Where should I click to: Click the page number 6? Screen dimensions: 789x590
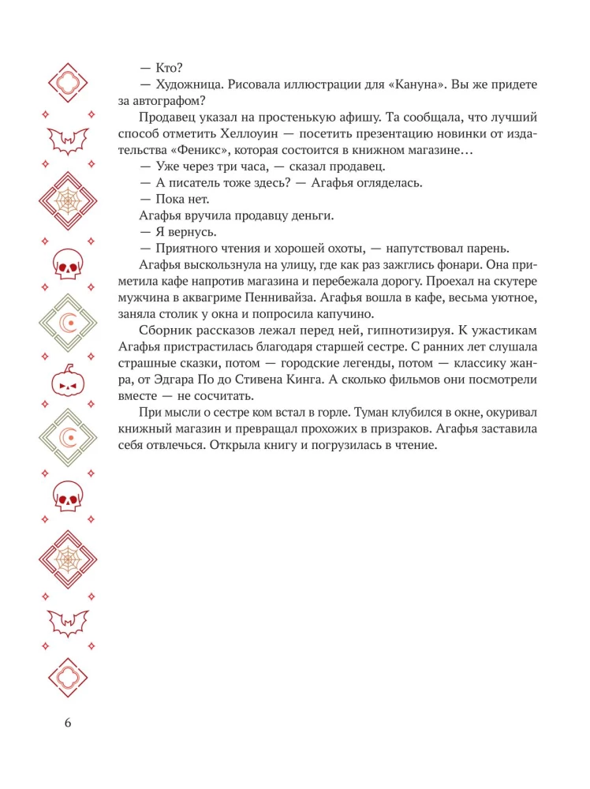click(68, 723)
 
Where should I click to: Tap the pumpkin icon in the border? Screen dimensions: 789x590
click(68, 383)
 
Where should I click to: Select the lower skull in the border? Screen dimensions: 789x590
click(68, 495)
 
